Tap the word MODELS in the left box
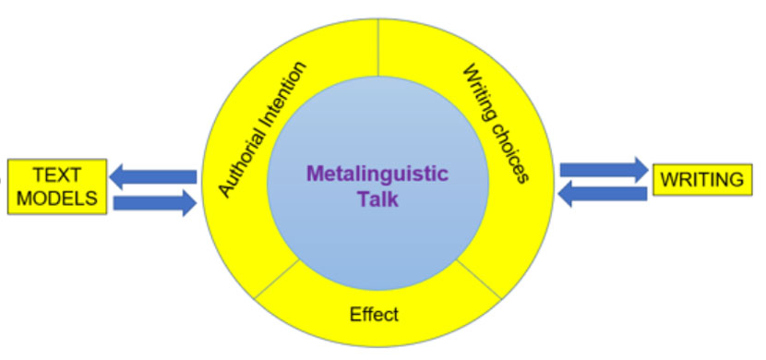pos(58,198)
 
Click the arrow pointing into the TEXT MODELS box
pos(152,175)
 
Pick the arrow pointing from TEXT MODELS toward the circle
pos(155,202)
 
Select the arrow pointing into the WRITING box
pos(604,169)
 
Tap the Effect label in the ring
pos(374,315)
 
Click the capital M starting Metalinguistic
pos(314,174)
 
